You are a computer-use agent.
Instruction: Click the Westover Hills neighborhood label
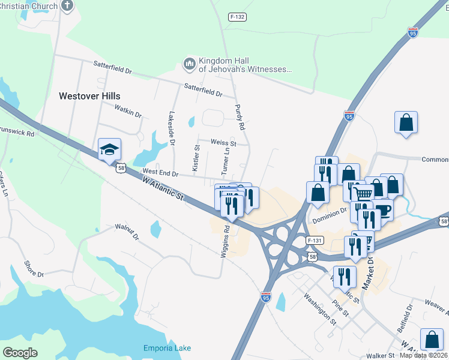(89, 96)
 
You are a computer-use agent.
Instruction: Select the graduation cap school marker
(110, 150)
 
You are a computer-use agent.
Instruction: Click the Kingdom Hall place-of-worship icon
(190, 64)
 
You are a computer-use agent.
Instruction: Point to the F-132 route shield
(238, 17)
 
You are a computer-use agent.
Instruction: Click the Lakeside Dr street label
(172, 128)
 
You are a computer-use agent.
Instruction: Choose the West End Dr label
(160, 173)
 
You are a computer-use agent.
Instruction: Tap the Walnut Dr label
(127, 232)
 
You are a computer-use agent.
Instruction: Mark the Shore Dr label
(34, 269)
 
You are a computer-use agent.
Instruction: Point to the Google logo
(20, 353)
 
